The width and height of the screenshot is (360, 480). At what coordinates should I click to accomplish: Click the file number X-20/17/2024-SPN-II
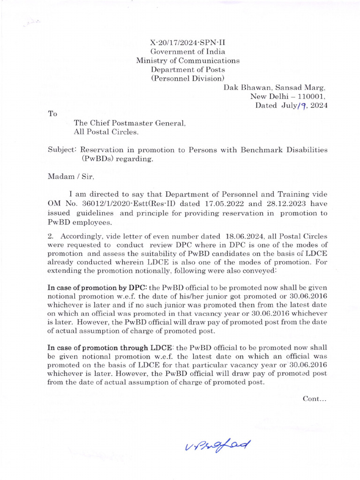[x=187, y=42]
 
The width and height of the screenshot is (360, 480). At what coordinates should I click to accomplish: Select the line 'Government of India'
[x=187, y=52]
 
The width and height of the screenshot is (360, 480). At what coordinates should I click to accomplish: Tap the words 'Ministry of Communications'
[x=187, y=60]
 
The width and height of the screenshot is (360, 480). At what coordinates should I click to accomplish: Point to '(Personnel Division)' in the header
[x=187, y=78]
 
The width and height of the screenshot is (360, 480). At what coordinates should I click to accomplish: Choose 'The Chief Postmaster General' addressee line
[x=130, y=123]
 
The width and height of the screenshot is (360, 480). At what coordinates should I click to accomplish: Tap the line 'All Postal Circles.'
[x=106, y=132]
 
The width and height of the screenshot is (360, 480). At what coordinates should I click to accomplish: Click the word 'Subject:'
[x=62, y=150]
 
